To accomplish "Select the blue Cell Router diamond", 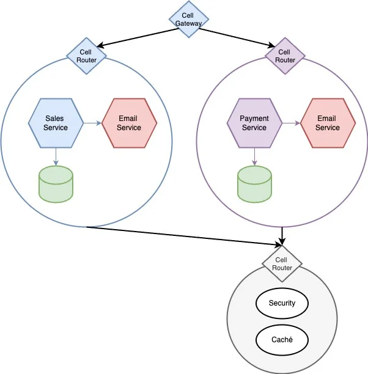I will click(x=87, y=56).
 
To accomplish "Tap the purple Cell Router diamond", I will click(x=285, y=56).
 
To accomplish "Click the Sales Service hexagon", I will click(x=56, y=123).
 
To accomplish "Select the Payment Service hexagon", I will click(x=254, y=123).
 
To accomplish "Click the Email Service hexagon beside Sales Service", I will click(x=129, y=123).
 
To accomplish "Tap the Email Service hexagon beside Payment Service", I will click(x=328, y=123).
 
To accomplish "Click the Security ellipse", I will click(x=282, y=303).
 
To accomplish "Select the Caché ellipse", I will click(x=282, y=339).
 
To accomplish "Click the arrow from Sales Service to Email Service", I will click(x=92, y=123).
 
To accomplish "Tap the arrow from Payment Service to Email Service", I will click(x=291, y=123).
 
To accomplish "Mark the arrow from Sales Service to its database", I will click(x=56, y=156).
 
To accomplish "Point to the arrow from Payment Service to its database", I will click(x=254, y=156).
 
